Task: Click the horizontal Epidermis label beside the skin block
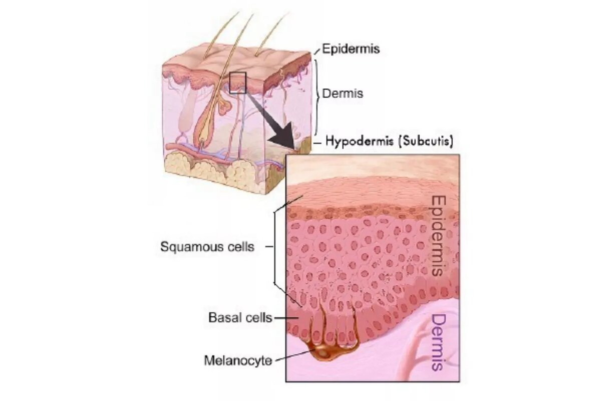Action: click(x=350, y=49)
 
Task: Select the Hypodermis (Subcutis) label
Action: click(x=390, y=142)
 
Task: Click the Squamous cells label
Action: click(x=207, y=247)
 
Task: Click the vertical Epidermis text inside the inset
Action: click(x=438, y=236)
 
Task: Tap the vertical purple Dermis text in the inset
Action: click(x=438, y=342)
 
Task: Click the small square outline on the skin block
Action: click(x=237, y=82)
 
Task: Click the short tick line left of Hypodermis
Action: click(x=317, y=143)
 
